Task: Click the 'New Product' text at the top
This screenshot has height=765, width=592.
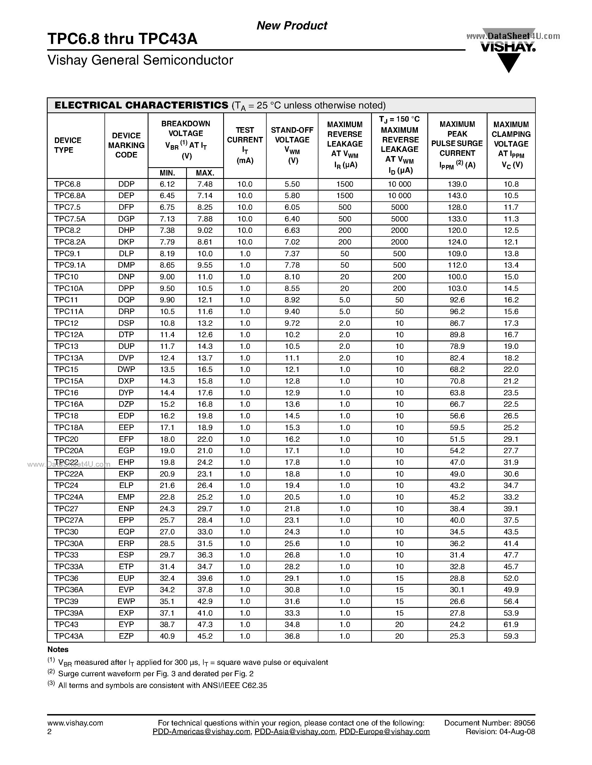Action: coord(292,26)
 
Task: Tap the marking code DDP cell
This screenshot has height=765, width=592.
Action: coord(126,184)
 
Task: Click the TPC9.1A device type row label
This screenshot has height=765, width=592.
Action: coord(70,265)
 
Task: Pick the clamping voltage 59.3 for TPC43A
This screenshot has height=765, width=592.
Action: coord(511,636)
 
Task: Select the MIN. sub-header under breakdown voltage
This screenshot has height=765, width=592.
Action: coord(167,173)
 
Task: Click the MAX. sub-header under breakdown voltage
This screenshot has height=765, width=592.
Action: coord(205,173)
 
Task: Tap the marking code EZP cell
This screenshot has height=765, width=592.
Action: coord(126,636)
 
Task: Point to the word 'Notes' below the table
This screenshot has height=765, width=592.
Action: coord(58,649)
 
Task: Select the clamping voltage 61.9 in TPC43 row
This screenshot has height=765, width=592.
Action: coord(511,625)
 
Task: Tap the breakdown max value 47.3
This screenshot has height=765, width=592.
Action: coord(205,625)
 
